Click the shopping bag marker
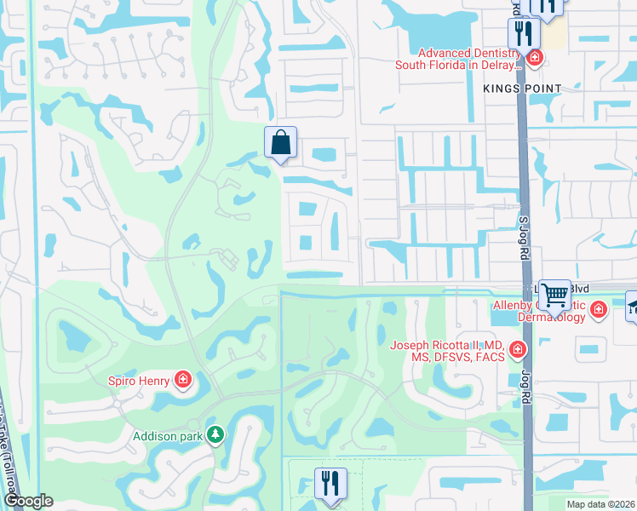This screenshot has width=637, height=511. (280, 142)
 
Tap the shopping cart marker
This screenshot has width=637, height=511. (555, 295)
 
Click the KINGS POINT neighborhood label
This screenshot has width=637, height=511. (522, 89)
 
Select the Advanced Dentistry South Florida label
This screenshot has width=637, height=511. (456, 60)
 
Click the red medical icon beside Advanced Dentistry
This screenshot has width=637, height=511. (534, 58)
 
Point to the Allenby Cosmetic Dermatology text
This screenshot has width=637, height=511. (539, 311)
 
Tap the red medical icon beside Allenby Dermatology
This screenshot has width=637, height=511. (599, 308)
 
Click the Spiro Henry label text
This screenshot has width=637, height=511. (139, 380)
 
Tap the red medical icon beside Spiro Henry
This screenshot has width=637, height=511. (182, 380)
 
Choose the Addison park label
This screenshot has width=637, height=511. (167, 436)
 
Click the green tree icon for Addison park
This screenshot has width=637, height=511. (216, 435)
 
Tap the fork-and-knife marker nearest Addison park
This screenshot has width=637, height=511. (327, 483)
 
